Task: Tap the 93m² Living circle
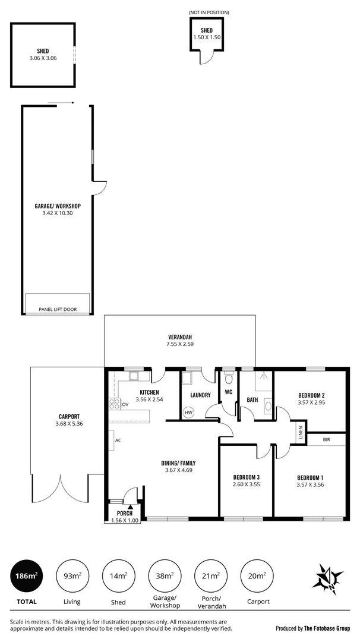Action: tap(72, 575)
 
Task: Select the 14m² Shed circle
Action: tap(118, 575)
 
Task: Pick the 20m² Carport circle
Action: tap(257, 575)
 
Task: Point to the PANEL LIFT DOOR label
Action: tap(58, 309)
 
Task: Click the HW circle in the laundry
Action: tap(189, 413)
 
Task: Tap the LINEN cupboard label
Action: tap(301, 433)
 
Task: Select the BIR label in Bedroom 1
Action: tap(326, 440)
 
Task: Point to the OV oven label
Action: tap(125, 405)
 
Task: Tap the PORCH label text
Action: tap(125, 513)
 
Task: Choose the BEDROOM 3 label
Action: tap(247, 477)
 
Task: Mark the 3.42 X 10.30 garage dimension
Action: tap(58, 213)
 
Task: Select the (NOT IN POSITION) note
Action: tap(209, 12)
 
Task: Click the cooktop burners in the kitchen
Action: tap(115, 404)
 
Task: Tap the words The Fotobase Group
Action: tap(327, 628)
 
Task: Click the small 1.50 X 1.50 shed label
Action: tap(206, 37)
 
